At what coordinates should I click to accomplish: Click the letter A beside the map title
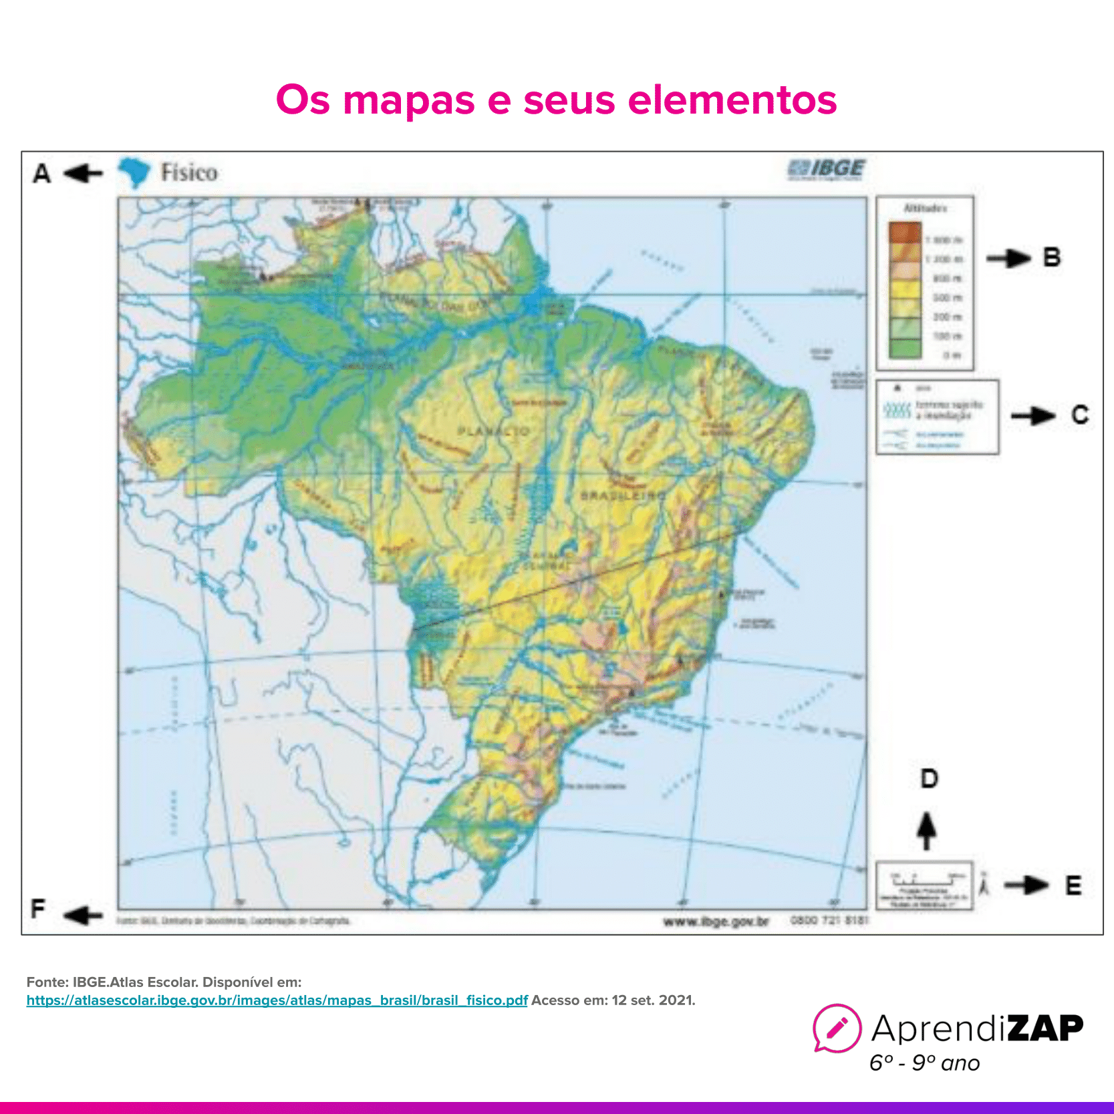tap(42, 174)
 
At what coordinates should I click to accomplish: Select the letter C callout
tap(1080, 415)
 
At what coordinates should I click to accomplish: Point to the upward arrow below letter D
tap(926, 831)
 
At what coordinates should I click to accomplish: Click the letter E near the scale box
tap(1073, 885)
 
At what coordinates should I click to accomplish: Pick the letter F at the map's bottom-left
tap(38, 909)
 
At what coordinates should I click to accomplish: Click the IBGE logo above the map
tap(827, 169)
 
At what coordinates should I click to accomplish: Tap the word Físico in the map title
tap(189, 173)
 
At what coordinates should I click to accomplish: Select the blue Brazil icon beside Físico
tap(134, 172)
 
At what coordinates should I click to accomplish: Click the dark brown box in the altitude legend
tap(905, 232)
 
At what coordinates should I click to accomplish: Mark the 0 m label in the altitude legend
tap(952, 356)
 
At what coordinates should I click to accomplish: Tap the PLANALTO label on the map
tap(493, 432)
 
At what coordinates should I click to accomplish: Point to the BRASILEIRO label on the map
tap(623, 496)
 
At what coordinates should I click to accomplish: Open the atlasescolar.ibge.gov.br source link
tap(277, 1000)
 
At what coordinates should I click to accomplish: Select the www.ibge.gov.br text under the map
tap(716, 922)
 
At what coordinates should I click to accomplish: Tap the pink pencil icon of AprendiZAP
tap(837, 1027)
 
